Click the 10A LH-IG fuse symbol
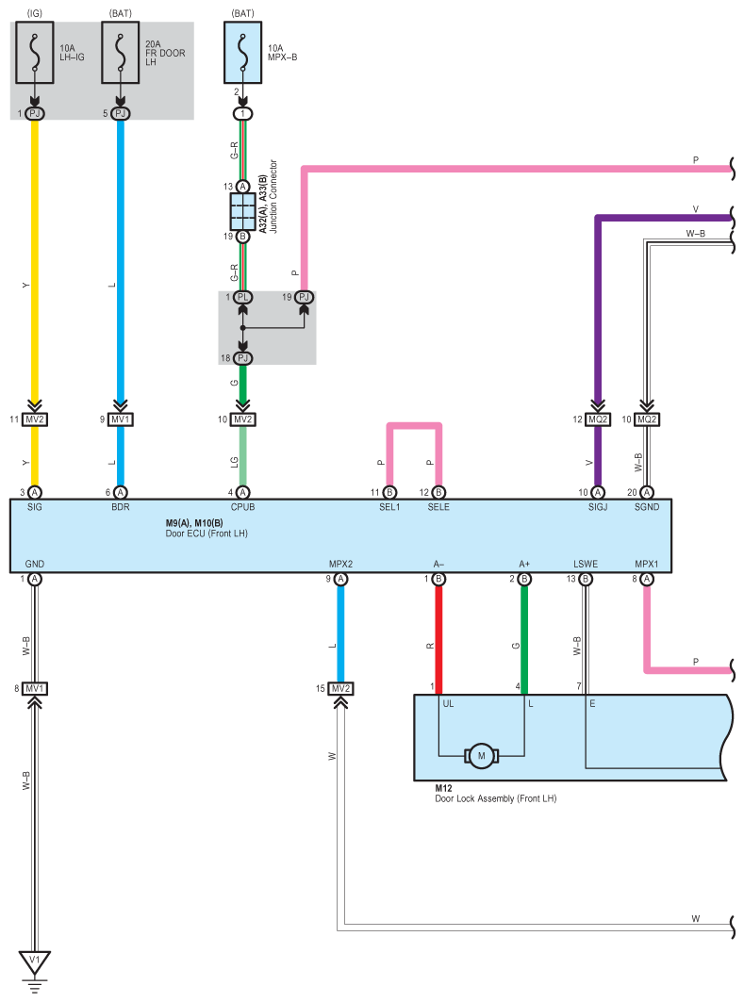tap(35, 53)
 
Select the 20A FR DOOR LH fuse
tap(120, 53)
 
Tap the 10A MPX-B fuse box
tap(242, 53)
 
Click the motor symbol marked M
tap(481, 756)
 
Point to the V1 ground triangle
tap(35, 961)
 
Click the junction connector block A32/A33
tap(242, 211)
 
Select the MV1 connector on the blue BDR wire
tap(120, 419)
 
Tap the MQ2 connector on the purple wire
tap(598, 419)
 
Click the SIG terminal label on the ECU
tap(35, 507)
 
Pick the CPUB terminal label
tap(242, 507)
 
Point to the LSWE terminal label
tap(586, 564)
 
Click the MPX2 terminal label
tap(340, 564)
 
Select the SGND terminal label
tap(646, 507)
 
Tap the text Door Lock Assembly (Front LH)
tap(495, 798)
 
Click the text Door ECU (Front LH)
tap(207, 533)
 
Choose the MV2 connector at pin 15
tap(340, 688)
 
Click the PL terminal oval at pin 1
tap(242, 297)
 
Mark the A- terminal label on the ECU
tap(438, 564)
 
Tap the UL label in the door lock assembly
tap(448, 703)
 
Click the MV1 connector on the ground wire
tap(35, 688)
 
